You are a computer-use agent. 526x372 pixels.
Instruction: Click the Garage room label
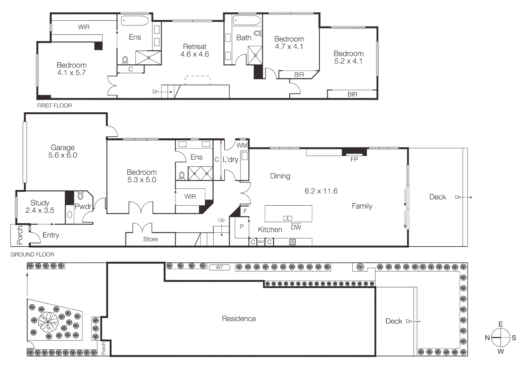(x=63, y=148)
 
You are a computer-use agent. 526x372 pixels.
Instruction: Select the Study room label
(x=40, y=203)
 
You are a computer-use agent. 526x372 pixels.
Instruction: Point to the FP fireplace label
(x=354, y=159)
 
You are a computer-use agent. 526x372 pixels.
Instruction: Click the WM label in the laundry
(x=241, y=145)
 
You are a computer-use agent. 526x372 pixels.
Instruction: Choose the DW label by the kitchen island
(x=296, y=227)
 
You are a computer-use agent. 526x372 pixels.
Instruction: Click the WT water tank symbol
(x=219, y=267)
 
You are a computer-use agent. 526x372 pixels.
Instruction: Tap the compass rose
(x=501, y=338)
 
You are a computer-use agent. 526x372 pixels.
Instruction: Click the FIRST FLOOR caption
(x=54, y=106)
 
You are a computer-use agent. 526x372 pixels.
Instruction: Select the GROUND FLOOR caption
(x=32, y=255)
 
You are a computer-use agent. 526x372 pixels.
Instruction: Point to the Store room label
(x=150, y=239)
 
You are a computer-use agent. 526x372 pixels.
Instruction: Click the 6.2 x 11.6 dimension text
(x=321, y=191)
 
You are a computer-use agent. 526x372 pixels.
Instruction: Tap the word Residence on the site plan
(x=239, y=319)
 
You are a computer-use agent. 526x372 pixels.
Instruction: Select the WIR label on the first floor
(x=84, y=27)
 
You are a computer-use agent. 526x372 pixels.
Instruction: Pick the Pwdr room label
(x=83, y=206)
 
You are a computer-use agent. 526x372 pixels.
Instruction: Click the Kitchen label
(x=270, y=229)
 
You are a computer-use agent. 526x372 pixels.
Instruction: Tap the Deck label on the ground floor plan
(x=438, y=197)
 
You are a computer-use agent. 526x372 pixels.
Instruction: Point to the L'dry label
(x=230, y=159)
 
